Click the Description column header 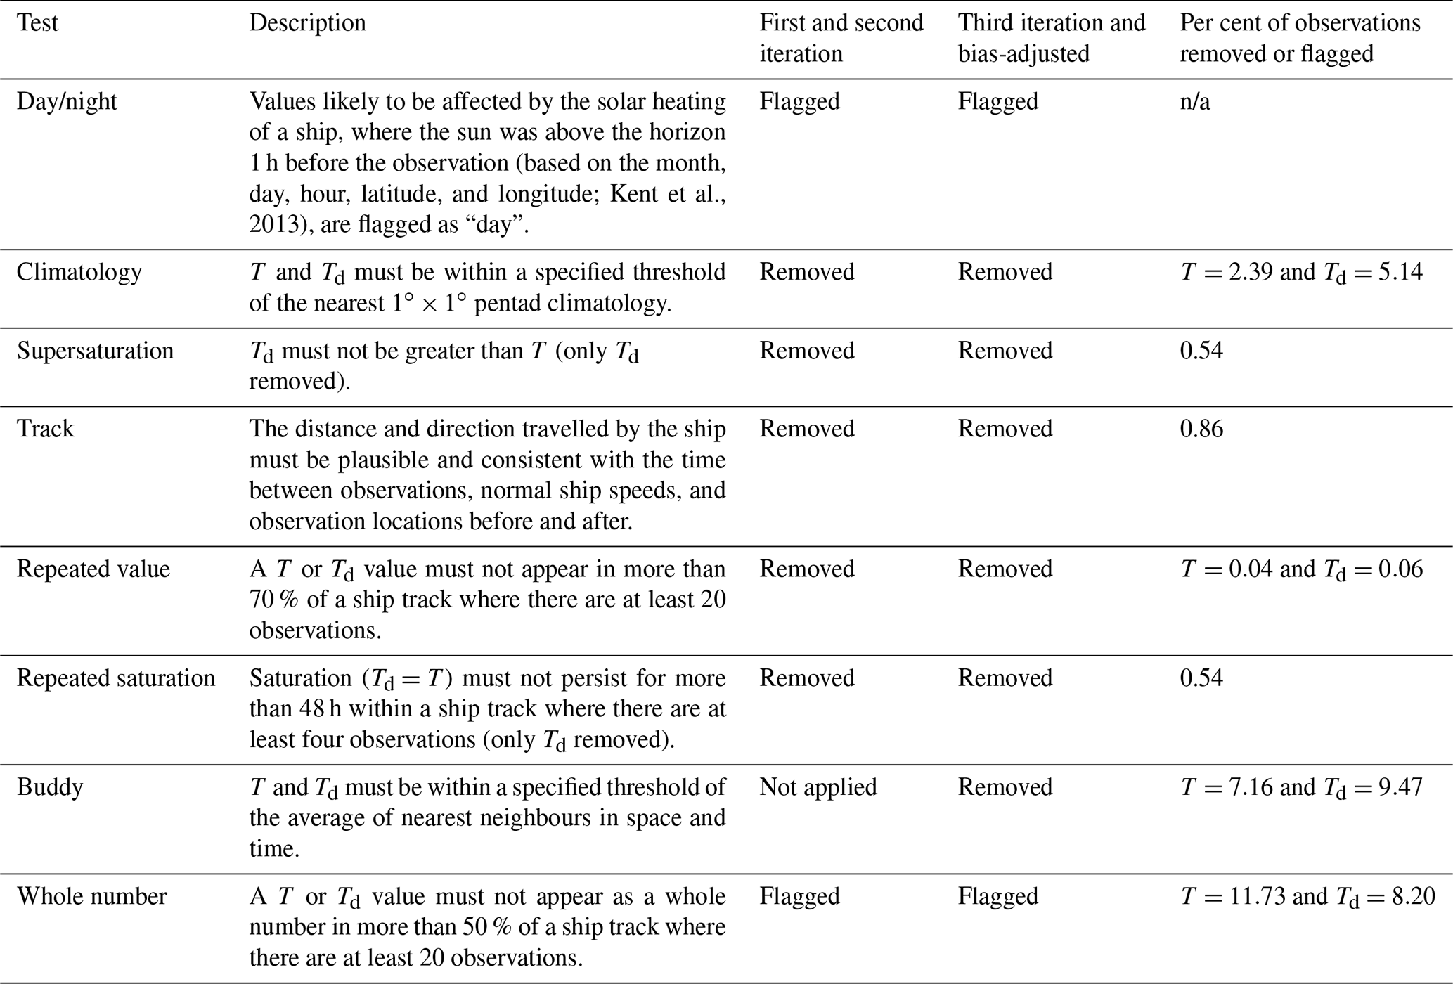[307, 23]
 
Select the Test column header [37, 23]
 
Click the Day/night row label [67, 102]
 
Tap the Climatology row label [79, 272]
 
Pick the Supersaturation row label [95, 351]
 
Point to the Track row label [46, 429]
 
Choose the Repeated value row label [93, 569]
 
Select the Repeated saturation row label [116, 678]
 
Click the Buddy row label [50, 787]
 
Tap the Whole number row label [92, 897]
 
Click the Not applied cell [818, 787]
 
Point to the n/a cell [1194, 102]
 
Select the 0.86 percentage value [1201, 429]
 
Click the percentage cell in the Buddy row [1301, 788]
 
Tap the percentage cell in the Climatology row [1301, 273]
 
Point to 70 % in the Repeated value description [274, 600]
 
